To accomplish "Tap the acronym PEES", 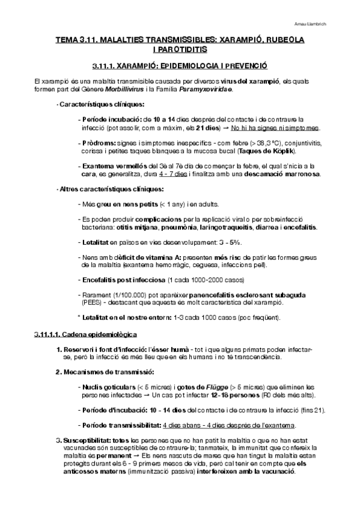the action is point(90,304).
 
